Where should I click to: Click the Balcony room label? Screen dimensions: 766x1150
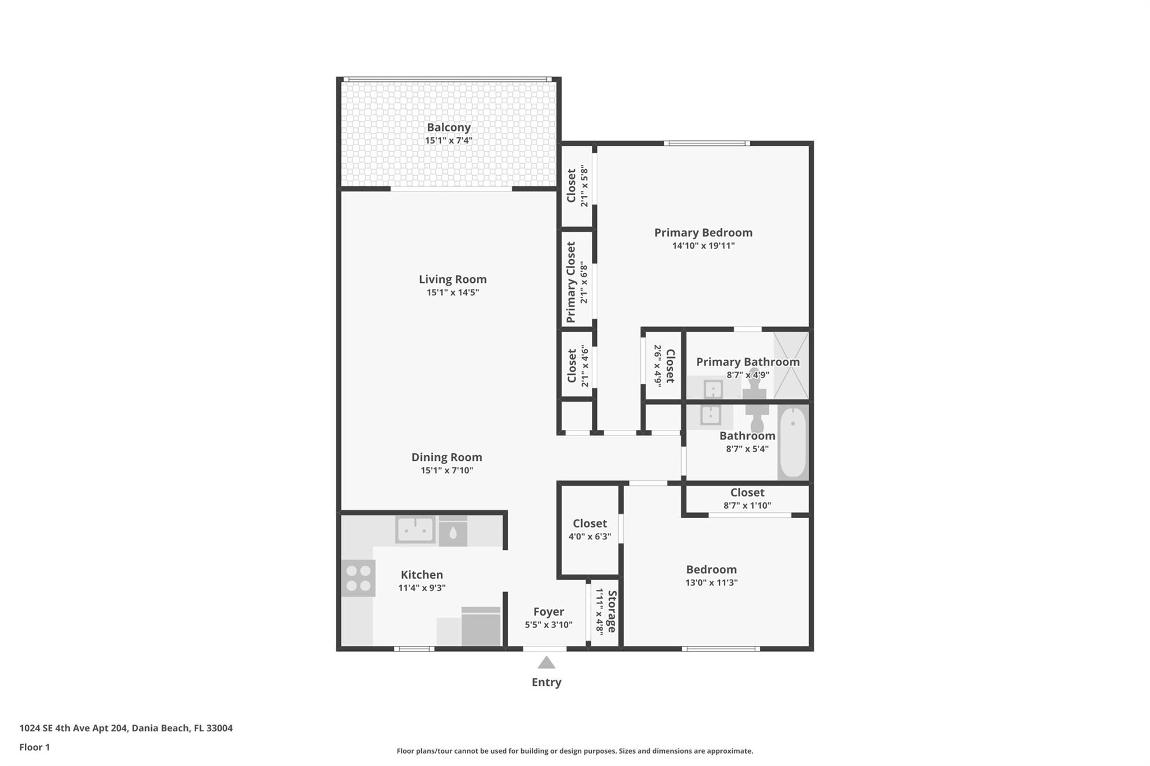(x=448, y=127)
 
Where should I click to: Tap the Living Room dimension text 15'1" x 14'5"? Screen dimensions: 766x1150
(x=453, y=292)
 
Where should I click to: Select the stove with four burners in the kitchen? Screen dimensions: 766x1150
(x=358, y=579)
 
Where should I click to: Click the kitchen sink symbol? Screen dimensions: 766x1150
(x=415, y=529)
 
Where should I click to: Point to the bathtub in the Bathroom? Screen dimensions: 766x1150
(x=792, y=443)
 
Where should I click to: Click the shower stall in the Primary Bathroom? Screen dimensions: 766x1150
(x=791, y=365)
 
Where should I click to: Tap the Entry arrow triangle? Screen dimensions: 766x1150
(x=546, y=663)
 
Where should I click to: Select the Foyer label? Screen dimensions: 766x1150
(x=549, y=612)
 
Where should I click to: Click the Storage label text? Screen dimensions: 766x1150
(x=612, y=611)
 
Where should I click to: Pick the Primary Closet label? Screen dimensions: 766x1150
(x=571, y=282)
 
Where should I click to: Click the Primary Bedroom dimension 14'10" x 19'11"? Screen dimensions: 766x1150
(x=703, y=246)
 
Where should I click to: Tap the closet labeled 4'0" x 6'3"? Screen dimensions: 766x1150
(x=590, y=530)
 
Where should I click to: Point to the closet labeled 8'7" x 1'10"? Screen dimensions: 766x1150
(x=747, y=498)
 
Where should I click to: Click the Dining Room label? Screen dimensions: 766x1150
(x=446, y=457)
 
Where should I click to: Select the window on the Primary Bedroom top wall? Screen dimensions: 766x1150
(x=706, y=144)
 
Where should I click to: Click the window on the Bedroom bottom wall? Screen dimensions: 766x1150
(x=721, y=649)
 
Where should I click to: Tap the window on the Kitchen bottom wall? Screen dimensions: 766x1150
(x=414, y=649)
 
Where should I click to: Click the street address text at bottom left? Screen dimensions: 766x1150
(x=126, y=728)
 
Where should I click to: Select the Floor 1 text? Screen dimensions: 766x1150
(x=35, y=747)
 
